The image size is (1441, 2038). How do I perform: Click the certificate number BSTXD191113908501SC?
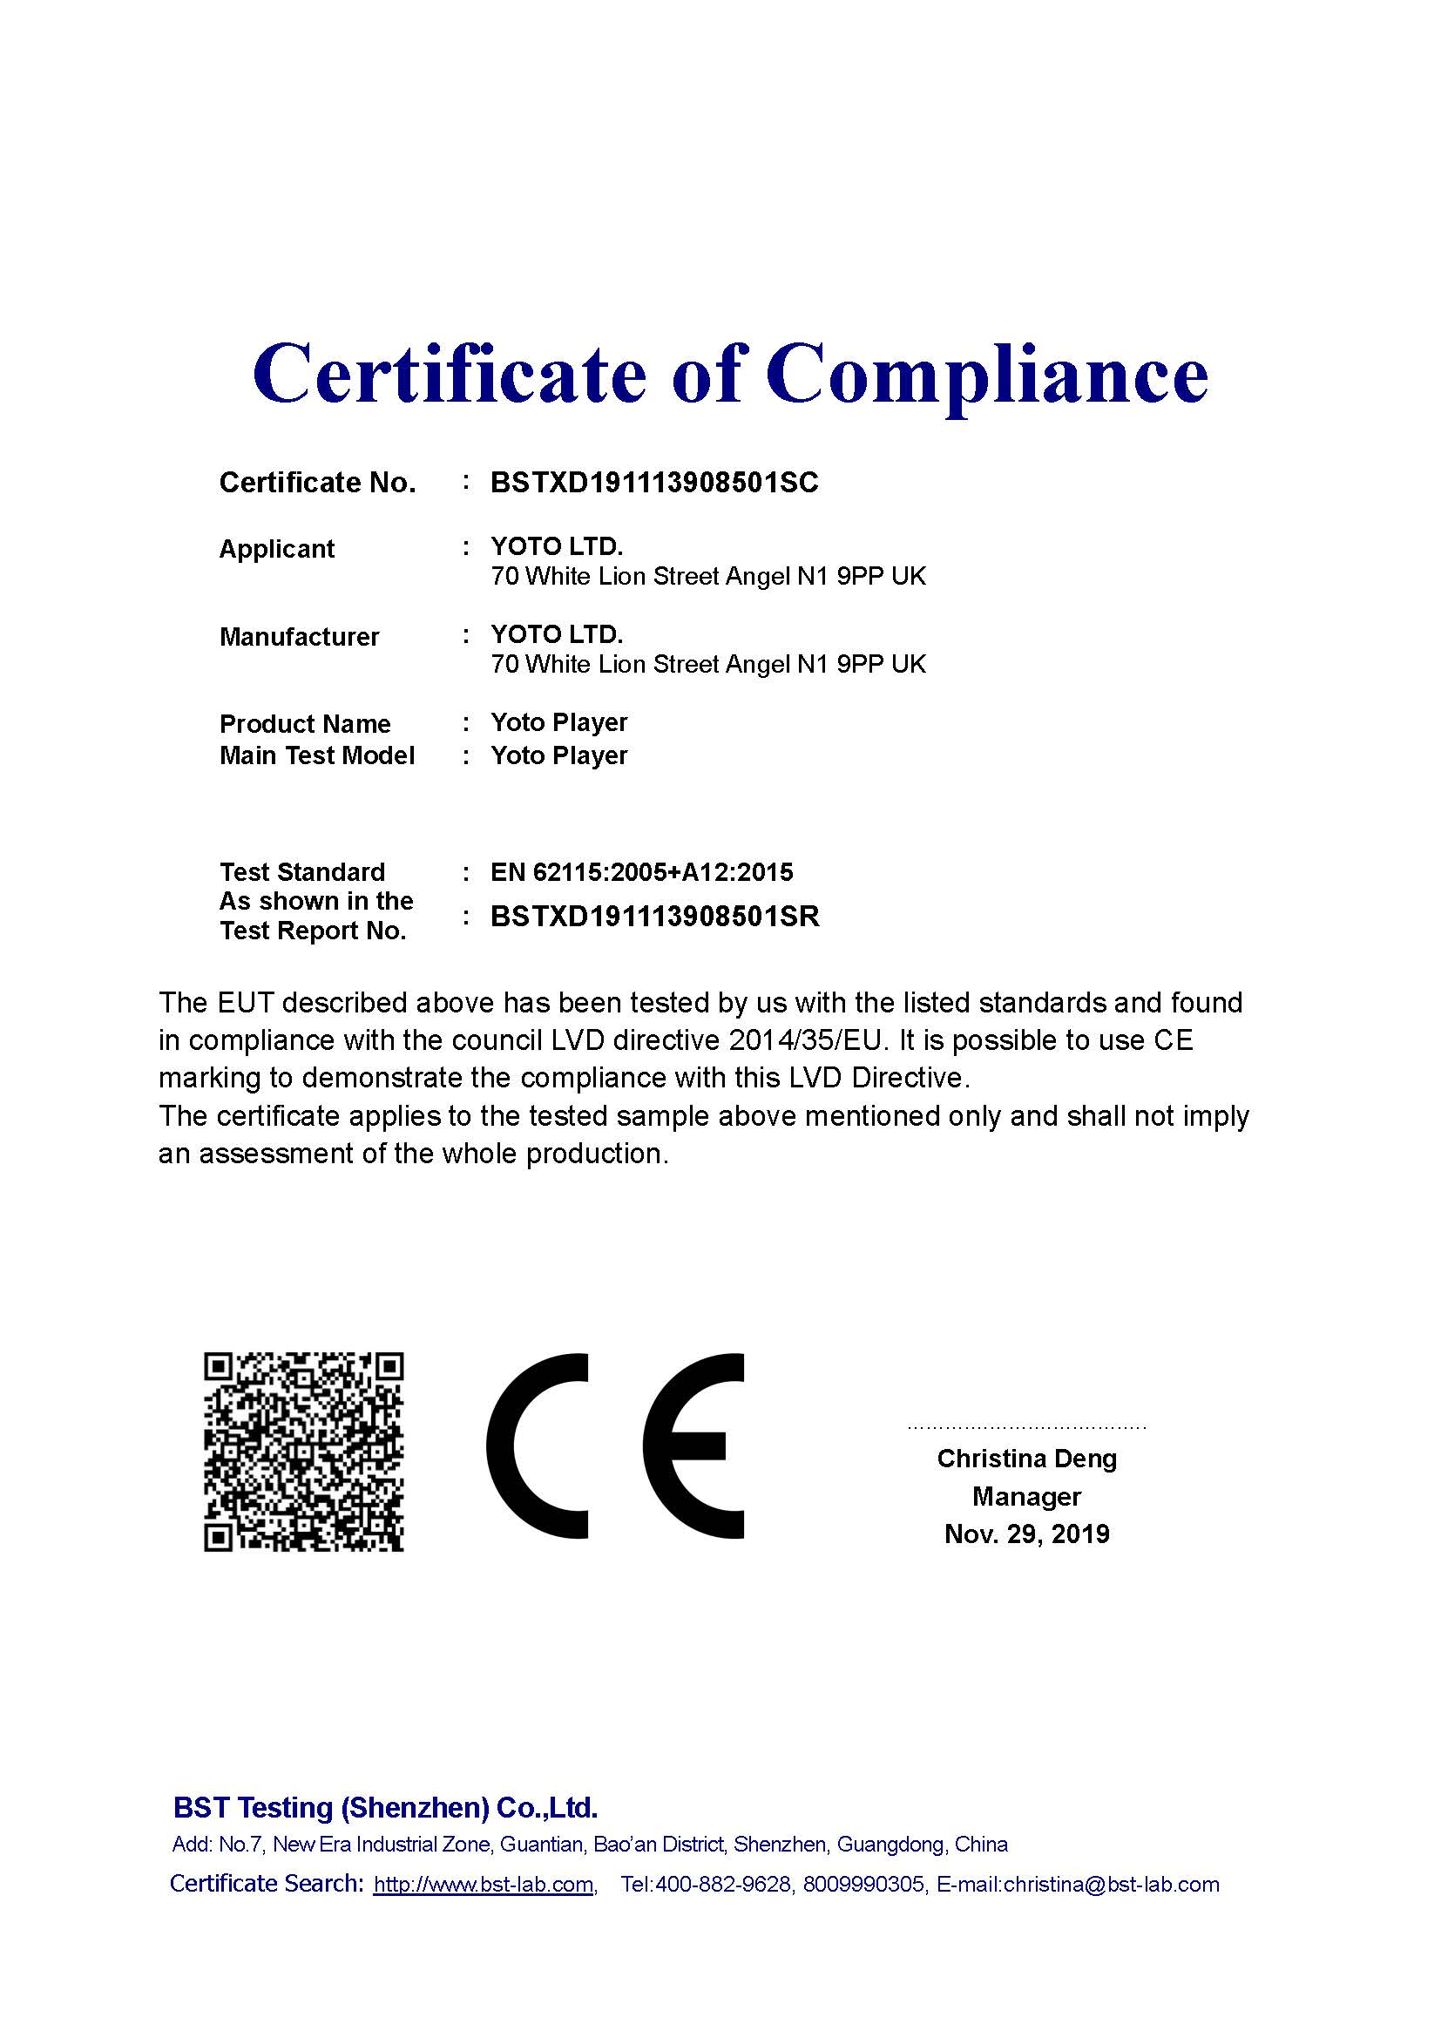[654, 483]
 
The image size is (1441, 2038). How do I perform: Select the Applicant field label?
[276, 549]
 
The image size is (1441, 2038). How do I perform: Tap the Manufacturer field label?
[299, 636]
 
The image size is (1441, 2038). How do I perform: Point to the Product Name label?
[304, 723]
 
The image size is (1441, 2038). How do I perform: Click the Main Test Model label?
[317, 755]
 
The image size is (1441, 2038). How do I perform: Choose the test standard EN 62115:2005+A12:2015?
[641, 871]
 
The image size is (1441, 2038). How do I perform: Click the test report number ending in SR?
[654, 916]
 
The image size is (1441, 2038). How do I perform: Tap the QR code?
[303, 1452]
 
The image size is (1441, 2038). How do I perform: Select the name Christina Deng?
[1026, 1459]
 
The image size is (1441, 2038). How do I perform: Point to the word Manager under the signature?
[1026, 1497]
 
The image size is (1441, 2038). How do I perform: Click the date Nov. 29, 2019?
[1026, 1534]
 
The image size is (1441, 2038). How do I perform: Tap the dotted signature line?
[1026, 1428]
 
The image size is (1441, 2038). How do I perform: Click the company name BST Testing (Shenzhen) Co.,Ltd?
[385, 1807]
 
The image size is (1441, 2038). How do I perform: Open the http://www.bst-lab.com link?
[484, 1885]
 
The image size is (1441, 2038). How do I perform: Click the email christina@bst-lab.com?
[1111, 1885]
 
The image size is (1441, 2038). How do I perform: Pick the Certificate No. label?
[317, 483]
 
